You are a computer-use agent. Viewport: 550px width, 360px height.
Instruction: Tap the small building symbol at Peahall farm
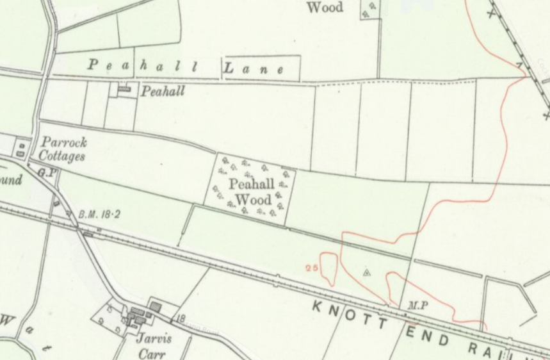point(124,89)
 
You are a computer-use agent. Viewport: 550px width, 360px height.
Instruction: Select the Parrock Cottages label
point(63,149)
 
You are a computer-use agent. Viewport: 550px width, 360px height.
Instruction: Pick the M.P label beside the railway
point(417,306)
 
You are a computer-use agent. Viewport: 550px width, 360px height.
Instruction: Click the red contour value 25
point(312,268)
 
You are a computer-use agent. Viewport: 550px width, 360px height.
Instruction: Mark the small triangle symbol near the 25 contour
point(367,272)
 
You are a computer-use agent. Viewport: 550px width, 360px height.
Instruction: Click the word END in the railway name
point(427,336)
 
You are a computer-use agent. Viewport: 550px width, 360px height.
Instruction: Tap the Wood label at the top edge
point(325,8)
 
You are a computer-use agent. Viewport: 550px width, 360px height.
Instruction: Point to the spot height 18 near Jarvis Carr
point(182,318)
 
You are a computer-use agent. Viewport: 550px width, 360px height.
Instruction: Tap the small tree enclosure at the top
point(369,10)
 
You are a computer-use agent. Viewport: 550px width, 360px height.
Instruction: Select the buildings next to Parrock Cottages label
point(21,149)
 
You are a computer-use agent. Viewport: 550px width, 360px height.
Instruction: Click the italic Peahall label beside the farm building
point(163,91)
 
